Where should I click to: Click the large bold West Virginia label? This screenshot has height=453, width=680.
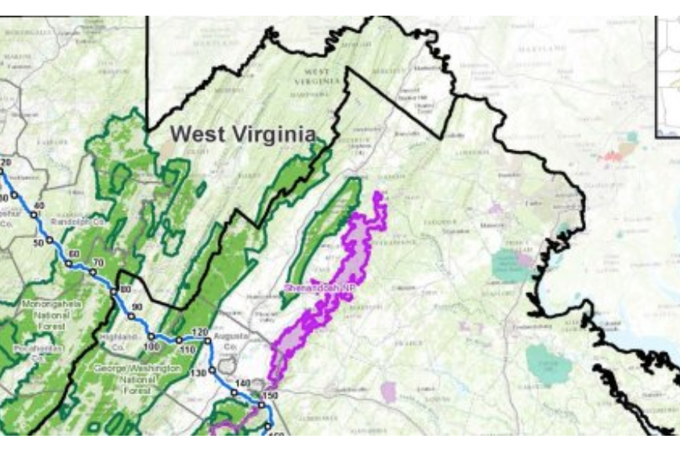(243, 134)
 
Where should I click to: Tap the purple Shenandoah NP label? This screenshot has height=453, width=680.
(315, 287)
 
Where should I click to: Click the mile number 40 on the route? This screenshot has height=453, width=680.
(40, 205)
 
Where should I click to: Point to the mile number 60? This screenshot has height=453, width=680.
(74, 254)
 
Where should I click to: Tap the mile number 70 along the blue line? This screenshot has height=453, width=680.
(98, 263)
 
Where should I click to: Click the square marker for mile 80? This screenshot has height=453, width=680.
(115, 289)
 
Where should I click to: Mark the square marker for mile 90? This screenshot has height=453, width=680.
(131, 317)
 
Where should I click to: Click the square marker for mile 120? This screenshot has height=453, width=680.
(208, 341)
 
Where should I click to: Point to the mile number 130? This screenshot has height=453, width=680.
(198, 372)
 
